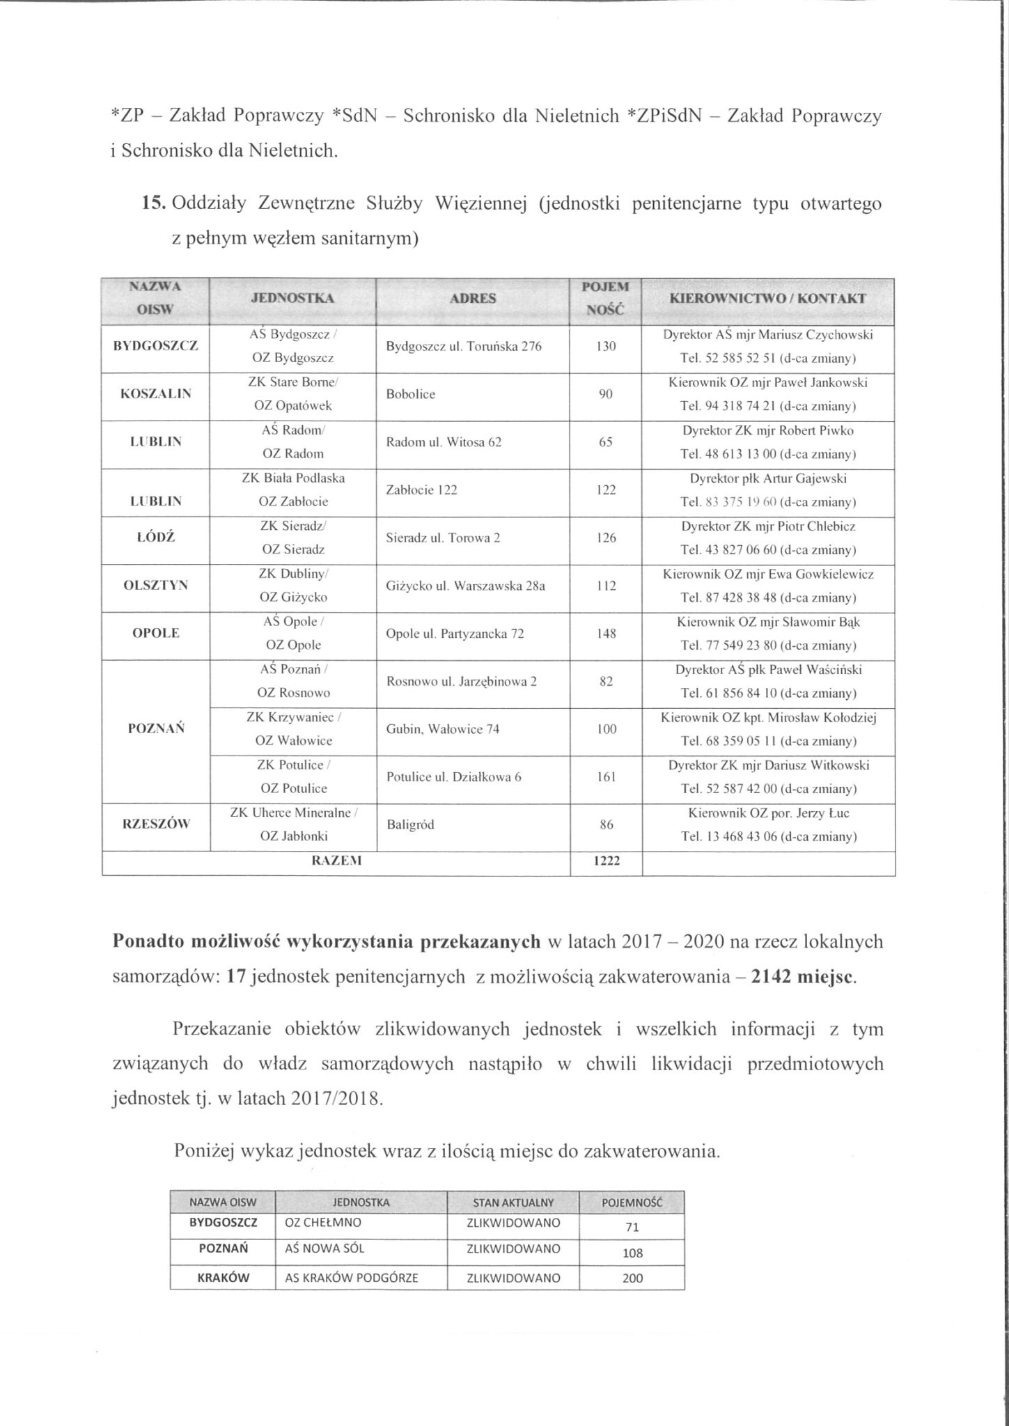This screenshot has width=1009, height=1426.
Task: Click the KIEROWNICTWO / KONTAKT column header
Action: click(x=767, y=299)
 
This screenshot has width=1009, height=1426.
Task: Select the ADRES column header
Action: click(x=473, y=299)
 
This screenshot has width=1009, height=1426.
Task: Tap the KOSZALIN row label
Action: click(x=155, y=393)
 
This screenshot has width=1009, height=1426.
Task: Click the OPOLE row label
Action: click(x=155, y=633)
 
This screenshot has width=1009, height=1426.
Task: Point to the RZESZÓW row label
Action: click(x=155, y=824)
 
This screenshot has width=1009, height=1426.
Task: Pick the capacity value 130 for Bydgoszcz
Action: click(x=606, y=346)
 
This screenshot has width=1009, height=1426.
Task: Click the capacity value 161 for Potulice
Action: click(x=606, y=777)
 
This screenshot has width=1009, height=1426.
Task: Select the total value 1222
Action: click(x=606, y=861)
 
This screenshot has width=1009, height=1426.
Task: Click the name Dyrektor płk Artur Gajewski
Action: click(x=768, y=478)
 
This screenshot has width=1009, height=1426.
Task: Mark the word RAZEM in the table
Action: click(x=336, y=861)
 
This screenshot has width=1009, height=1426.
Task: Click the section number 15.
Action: click(x=152, y=204)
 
